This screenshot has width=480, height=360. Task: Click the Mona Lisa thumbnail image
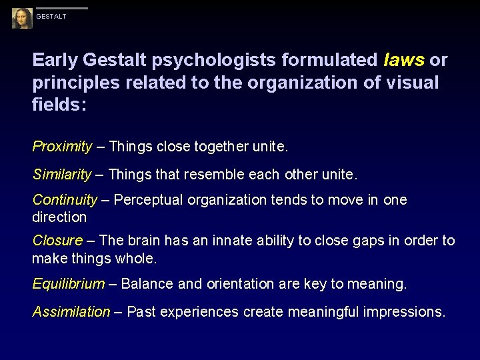tap(22, 18)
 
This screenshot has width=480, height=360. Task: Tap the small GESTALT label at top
tap(51, 17)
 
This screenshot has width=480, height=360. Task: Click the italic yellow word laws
tap(404, 61)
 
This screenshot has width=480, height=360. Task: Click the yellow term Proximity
tap(63, 146)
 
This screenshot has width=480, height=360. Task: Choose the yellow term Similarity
tap(62, 175)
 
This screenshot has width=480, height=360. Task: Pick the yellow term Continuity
tap(65, 200)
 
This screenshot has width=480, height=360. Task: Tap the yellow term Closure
tap(57, 240)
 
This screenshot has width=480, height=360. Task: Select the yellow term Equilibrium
tap(69, 284)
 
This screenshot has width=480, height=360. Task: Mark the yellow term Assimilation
tap(71, 311)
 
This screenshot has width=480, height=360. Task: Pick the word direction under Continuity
tap(59, 217)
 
